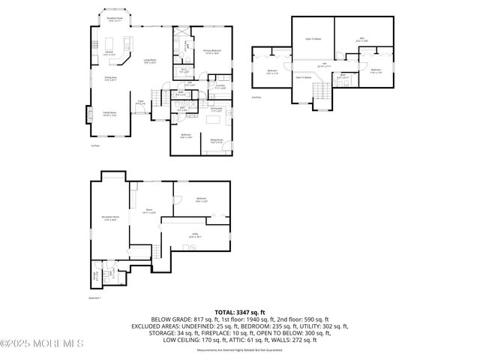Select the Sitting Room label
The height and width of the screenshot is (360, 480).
pos(217,140)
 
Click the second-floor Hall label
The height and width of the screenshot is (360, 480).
pos(324,64)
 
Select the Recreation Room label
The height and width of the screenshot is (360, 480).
pos(109,218)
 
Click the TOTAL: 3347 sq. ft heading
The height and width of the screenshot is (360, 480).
pos(240,311)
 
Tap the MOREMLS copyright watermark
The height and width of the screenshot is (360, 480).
pos(42,344)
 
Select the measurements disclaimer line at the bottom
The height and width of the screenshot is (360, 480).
pos(240,350)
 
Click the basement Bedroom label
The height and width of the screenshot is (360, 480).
pos(201,200)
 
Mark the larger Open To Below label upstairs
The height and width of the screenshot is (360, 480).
pos(313,38)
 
